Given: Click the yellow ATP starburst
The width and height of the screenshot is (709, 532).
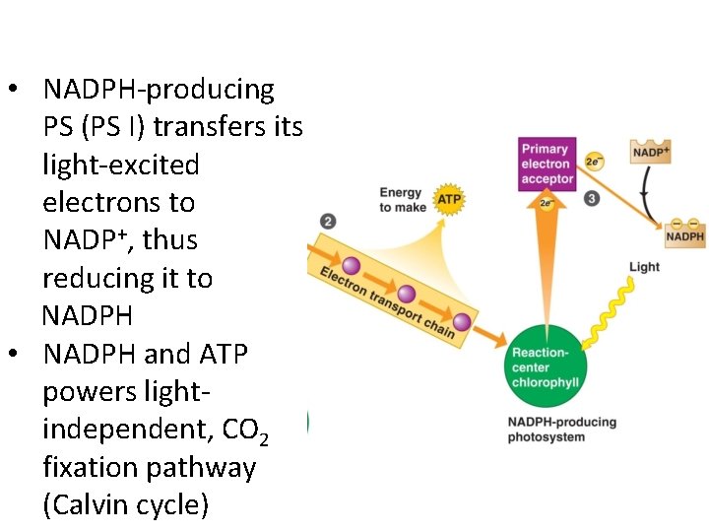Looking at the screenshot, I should [448, 199].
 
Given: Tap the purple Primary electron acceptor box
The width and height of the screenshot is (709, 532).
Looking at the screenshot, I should [546, 164].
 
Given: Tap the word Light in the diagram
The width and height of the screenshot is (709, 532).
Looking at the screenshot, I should [644, 267].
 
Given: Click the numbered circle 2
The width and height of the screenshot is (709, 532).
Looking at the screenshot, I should [328, 222].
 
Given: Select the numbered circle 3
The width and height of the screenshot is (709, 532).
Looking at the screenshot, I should [592, 198].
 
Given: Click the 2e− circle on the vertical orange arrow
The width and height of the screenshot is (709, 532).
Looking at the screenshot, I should [546, 204].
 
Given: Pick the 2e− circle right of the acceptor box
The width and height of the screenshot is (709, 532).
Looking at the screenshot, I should [594, 161].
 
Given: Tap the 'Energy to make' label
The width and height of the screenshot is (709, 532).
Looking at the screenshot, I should [402, 200].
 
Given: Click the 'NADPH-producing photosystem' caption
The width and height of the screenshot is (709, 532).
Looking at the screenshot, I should [561, 430].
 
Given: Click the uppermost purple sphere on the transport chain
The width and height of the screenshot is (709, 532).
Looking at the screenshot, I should [350, 266].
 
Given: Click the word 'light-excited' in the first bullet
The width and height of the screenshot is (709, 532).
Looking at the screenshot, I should [120, 165].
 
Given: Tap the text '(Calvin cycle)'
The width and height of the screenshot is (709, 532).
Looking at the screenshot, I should [125, 505].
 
